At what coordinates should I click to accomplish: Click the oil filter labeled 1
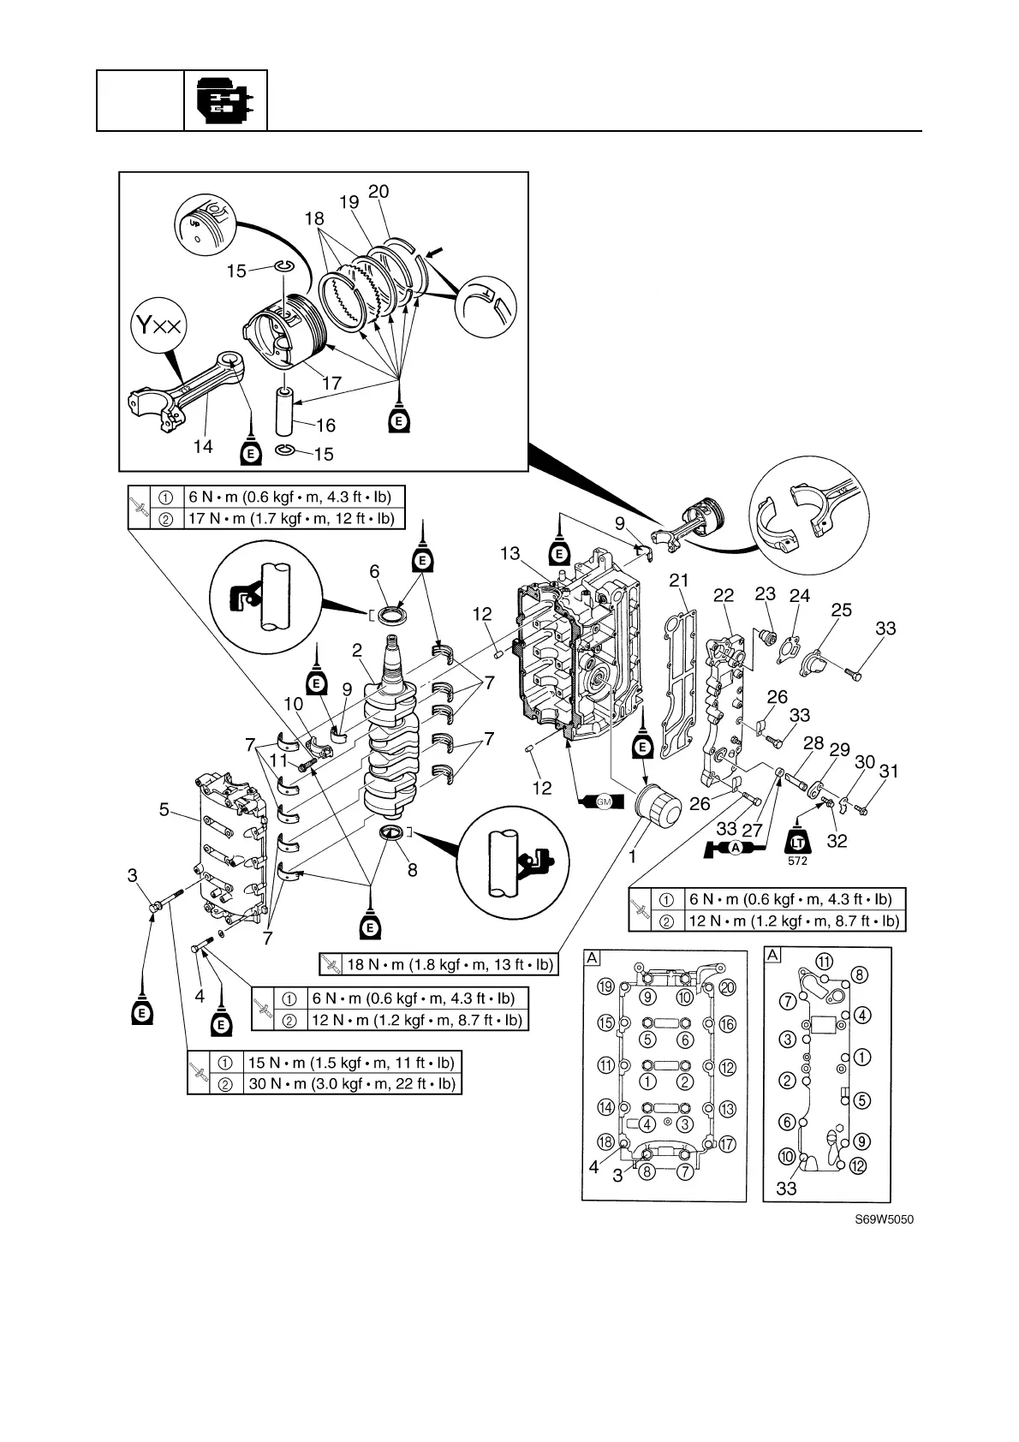coord(658,809)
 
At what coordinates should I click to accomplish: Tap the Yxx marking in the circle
coord(158,325)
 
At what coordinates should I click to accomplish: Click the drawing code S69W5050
coord(883,1219)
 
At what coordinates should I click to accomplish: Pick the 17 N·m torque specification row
coord(291,518)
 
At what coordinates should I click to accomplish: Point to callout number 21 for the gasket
coord(679,581)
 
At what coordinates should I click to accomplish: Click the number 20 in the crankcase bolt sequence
coord(728,986)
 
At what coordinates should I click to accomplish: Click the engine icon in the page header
coord(224,100)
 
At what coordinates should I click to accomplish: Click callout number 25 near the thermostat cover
coord(841,610)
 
